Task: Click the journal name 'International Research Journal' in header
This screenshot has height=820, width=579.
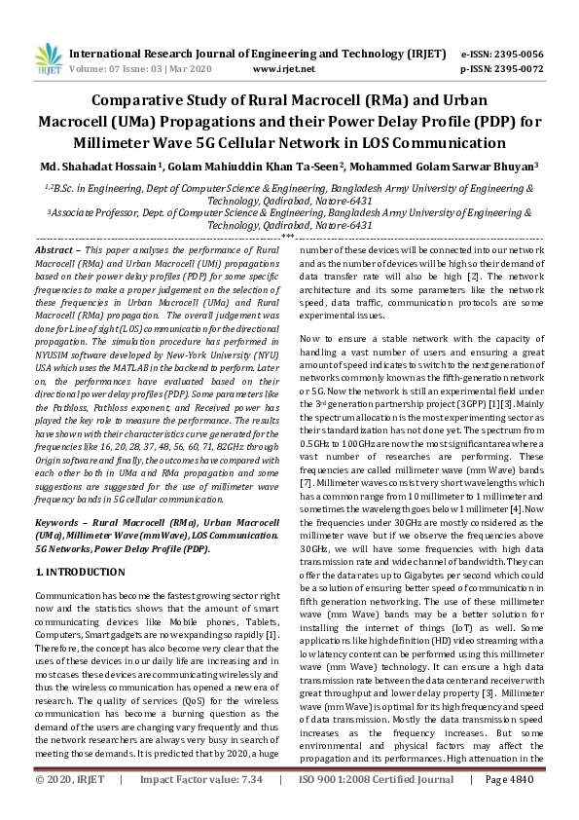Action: click(165, 55)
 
